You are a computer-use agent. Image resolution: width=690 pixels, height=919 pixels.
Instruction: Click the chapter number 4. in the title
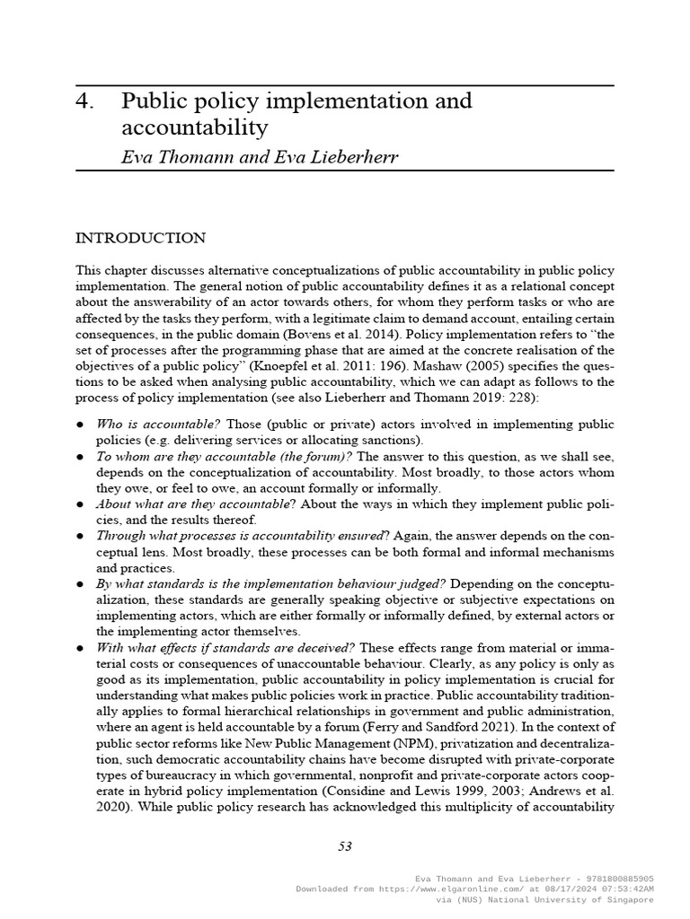pyautogui.click(x=85, y=101)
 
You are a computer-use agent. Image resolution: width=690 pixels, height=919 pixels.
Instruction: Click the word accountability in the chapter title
pyautogui.click(x=194, y=127)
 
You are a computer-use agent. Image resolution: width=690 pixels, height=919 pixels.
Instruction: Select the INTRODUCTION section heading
pyautogui.click(x=140, y=238)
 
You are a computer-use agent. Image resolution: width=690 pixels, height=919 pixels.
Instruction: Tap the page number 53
pyautogui.click(x=345, y=845)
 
